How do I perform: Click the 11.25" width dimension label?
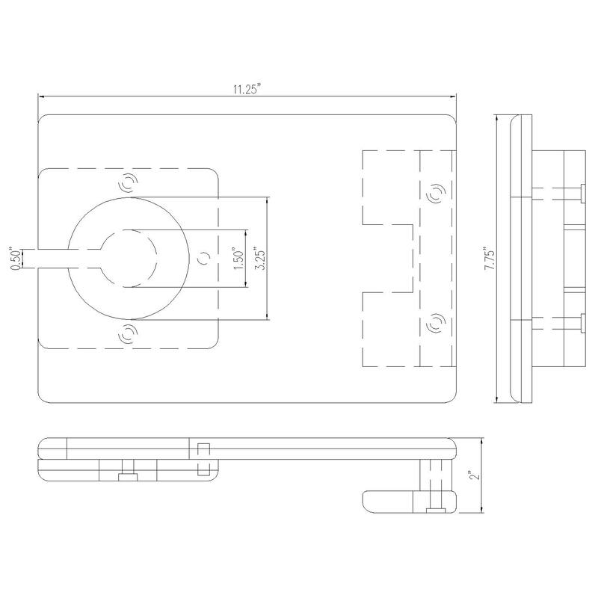tap(247, 90)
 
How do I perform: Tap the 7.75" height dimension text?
tap(490, 258)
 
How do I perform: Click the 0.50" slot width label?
tap(16, 259)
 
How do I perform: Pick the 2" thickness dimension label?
tap(475, 475)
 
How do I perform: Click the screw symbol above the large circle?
tap(128, 183)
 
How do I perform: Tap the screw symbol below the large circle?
tap(129, 333)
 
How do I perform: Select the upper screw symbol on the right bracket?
tap(437, 193)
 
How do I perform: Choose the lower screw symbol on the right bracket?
tap(436, 323)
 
